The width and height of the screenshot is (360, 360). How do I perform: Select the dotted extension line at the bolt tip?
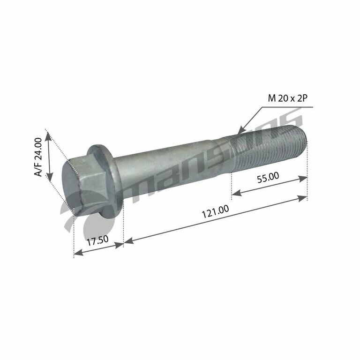[x=307, y=169]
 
